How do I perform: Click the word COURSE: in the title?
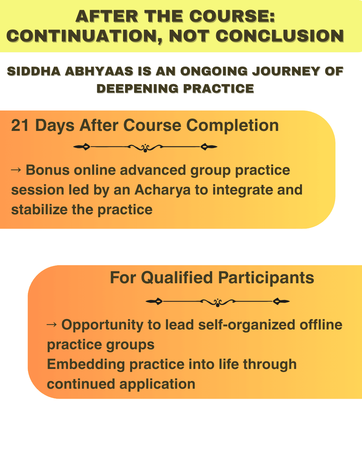[232, 16]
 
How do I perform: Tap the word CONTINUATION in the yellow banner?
[84, 36]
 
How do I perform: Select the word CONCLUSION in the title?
[280, 36]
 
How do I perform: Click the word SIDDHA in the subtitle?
[34, 71]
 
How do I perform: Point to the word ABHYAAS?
[99, 71]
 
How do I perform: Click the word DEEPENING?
[137, 88]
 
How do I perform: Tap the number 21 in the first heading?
[20, 126]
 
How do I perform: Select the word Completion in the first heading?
[232, 126]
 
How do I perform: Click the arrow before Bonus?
[16, 169]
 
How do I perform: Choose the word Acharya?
[162, 190]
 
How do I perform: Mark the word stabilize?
[39, 209]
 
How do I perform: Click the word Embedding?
[86, 365]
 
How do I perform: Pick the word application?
[157, 385]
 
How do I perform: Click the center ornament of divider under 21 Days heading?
[145, 148]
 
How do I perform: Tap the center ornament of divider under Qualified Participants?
[218, 302]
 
